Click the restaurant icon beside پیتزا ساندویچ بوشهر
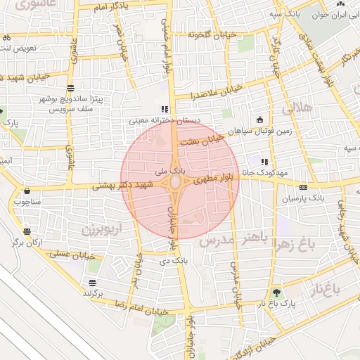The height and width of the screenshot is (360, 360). click(x=70, y=88)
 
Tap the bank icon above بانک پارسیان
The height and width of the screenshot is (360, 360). click(x=303, y=187)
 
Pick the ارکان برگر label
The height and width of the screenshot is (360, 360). click(x=27, y=243)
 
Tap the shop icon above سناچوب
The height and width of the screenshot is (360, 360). click(x=27, y=190)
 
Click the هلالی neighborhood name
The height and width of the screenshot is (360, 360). click(x=297, y=108)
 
